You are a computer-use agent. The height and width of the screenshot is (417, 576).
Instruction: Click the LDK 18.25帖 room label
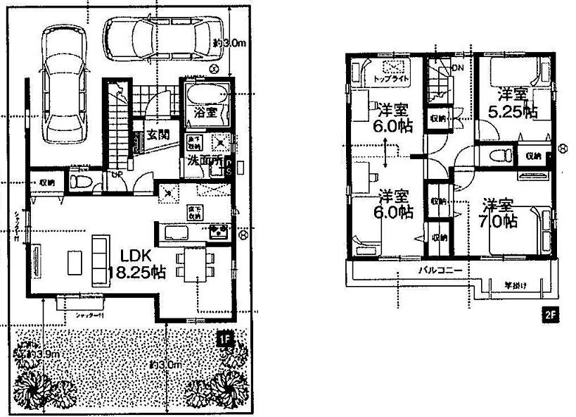click(x=136, y=265)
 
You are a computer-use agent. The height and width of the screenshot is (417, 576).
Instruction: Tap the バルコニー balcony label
click(x=440, y=270)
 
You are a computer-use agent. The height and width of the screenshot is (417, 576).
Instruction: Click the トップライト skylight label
click(x=392, y=78)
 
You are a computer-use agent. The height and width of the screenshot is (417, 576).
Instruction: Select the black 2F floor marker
click(x=549, y=316)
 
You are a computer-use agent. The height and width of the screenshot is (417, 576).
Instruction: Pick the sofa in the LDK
click(x=98, y=260)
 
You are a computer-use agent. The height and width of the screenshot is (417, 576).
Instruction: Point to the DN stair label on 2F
click(x=458, y=68)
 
